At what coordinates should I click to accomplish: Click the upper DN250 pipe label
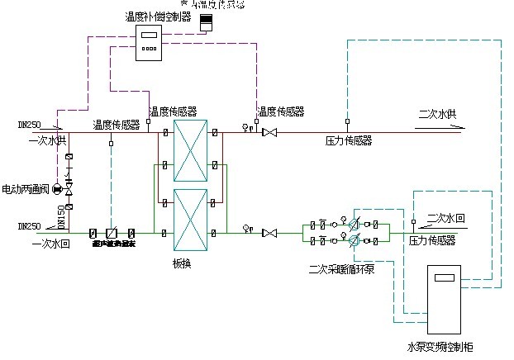point(30,124)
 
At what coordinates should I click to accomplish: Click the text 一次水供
point(47,141)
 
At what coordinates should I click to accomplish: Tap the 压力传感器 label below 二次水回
point(432,240)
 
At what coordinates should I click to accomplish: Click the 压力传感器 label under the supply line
point(349,141)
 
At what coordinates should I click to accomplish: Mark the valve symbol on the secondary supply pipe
point(267,132)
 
